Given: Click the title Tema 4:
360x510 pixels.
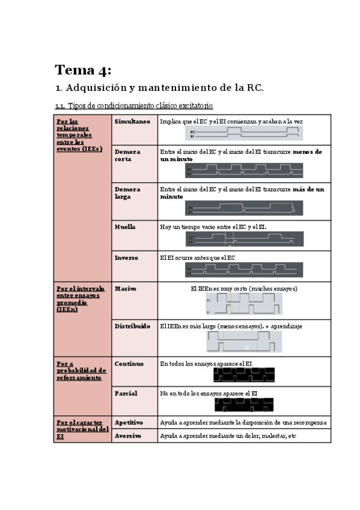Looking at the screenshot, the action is (83, 70).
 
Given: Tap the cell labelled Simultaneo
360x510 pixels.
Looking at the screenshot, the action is (132, 121).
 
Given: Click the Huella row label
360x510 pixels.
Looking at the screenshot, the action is (125, 227).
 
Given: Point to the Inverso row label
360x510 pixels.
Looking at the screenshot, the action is (126, 257).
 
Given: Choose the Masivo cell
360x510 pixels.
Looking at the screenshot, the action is (125, 288).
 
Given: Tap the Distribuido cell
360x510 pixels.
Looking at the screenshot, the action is (132, 325).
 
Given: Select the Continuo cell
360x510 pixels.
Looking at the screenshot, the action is (129, 363).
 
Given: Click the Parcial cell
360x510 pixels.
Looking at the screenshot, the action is (126, 393).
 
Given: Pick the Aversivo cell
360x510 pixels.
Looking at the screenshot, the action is (127, 435).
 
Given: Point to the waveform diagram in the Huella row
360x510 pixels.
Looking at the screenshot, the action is (244, 239).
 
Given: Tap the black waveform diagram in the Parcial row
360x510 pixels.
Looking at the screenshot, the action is (244, 404).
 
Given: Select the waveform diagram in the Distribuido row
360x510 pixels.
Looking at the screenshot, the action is (244, 341).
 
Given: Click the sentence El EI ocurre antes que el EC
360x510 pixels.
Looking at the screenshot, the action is (197, 258).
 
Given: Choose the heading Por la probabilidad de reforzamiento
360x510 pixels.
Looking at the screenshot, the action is (82, 370).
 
